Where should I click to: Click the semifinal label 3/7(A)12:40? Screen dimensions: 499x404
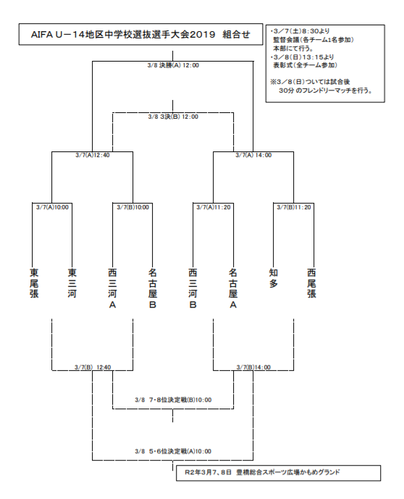[92, 154]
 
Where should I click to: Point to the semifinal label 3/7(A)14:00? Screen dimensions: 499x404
[253, 154]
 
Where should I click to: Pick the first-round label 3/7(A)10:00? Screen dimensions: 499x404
[52, 207]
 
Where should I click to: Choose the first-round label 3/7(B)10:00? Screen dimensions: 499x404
[132, 207]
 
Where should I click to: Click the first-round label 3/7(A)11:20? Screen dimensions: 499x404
[213, 207]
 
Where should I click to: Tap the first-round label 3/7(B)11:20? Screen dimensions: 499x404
[293, 207]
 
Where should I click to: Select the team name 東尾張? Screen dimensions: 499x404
[33, 283]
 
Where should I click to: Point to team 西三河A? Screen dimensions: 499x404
[112, 288]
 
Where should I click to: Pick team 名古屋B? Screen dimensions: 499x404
[153, 288]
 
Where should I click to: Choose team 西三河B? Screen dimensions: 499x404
[193, 288]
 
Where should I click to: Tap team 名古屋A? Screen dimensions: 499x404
[233, 288]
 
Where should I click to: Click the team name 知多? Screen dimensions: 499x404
[273, 278]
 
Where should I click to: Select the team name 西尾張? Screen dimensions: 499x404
[312, 283]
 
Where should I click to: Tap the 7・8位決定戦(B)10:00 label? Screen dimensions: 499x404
[173, 399]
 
